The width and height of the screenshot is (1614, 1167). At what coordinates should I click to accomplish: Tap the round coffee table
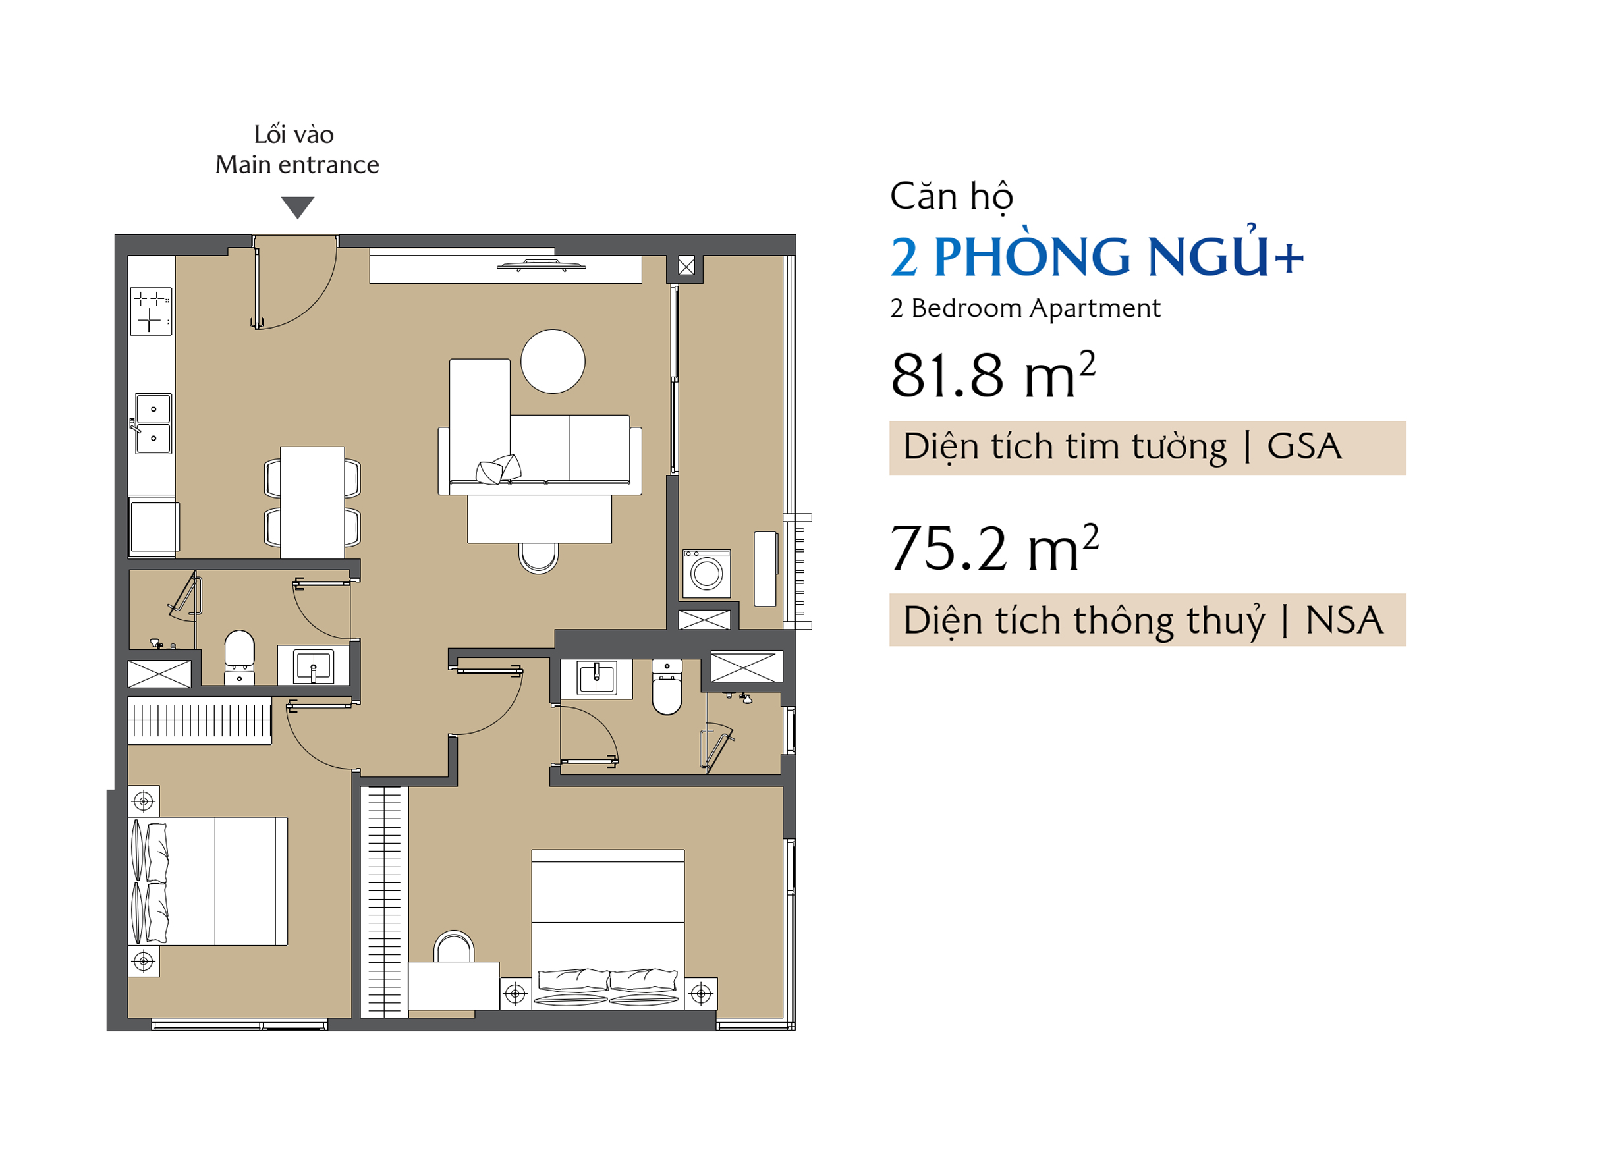pos(553,362)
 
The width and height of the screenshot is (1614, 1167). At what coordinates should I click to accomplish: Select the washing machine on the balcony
pos(708,574)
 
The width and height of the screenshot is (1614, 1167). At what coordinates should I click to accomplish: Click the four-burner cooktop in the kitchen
pos(152,312)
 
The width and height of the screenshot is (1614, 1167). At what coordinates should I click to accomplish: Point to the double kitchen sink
pos(153,424)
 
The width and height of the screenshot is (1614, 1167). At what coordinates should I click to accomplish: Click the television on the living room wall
pos(542,266)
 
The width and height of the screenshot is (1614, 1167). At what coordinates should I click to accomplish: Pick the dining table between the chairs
pos(313,503)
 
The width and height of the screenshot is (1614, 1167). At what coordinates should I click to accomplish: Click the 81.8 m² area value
pos(993,374)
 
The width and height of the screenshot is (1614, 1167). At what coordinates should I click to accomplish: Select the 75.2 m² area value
pos(995,547)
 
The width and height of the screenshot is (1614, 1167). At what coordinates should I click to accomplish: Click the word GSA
pos(1305,447)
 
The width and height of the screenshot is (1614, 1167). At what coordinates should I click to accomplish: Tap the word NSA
pos(1345,620)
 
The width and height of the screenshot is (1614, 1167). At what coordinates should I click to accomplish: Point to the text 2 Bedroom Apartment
pos(1026,309)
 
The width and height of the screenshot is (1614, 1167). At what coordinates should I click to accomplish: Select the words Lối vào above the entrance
pos(294,134)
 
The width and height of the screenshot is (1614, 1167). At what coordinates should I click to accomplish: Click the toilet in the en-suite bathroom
pos(667,688)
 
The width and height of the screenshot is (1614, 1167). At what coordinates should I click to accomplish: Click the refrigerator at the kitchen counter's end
pos(153,527)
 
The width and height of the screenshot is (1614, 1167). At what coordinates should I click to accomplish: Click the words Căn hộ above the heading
pos(952,197)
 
